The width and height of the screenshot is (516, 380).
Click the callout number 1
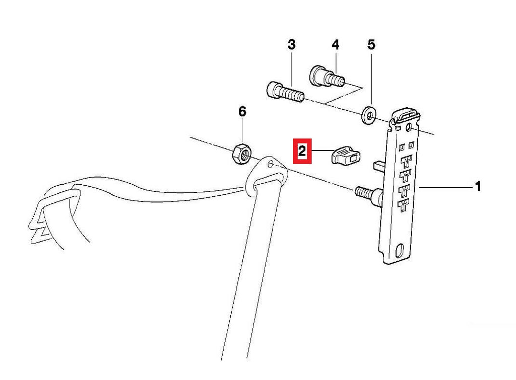tap(478, 186)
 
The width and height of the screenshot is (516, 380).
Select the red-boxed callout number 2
tap(302, 151)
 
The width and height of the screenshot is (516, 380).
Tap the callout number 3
tap(292, 44)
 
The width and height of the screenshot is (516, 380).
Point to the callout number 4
tap(335, 44)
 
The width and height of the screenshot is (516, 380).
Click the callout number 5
tap(371, 44)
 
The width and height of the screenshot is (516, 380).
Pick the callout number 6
tap(242, 112)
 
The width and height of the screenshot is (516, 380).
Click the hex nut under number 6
tap(242, 154)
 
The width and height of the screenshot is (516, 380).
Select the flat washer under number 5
tap(369, 115)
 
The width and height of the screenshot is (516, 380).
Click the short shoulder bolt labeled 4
tap(327, 77)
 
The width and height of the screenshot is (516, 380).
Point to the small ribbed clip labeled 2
tap(346, 156)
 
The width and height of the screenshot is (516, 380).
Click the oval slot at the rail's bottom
tap(401, 250)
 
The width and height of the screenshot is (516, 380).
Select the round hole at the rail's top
tap(409, 127)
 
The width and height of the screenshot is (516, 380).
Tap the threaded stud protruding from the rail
tap(368, 196)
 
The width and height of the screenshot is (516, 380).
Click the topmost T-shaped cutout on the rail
tap(407, 162)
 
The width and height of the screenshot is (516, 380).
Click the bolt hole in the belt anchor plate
tap(271, 164)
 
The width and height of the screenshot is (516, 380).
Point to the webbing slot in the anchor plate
tap(267, 181)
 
